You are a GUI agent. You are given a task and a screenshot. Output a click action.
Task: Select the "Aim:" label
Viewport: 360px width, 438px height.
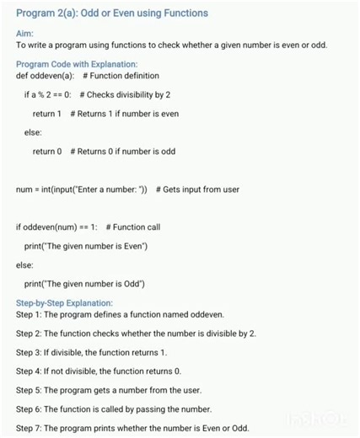[24, 33]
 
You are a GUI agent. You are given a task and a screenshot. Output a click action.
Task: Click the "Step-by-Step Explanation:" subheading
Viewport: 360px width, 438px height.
[64, 303]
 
